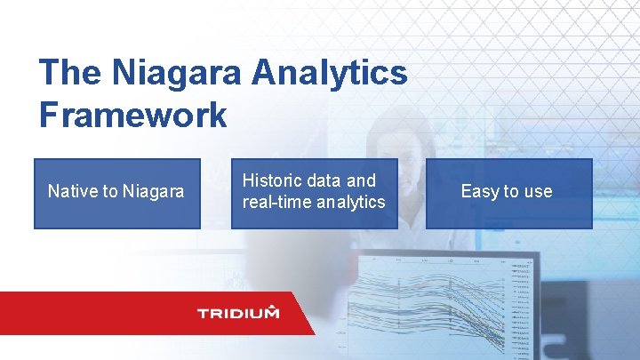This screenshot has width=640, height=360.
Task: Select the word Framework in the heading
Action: point(132,116)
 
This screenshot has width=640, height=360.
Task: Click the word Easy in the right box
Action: point(479,191)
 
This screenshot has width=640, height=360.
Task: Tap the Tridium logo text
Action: point(237,313)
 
